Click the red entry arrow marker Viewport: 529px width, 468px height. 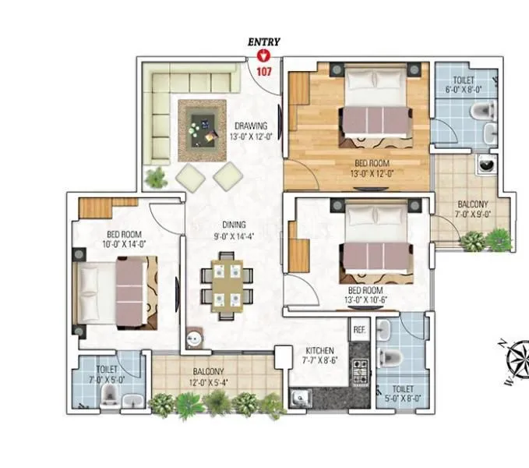[x=264, y=55]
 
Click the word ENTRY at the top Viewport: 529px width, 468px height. [x=264, y=41]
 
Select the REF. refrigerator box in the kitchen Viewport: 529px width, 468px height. [x=359, y=330]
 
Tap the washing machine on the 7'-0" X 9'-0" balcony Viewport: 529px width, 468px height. [x=488, y=166]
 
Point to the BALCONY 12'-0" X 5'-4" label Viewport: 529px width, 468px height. [x=206, y=377]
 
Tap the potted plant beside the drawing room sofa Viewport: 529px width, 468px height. [x=157, y=176]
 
